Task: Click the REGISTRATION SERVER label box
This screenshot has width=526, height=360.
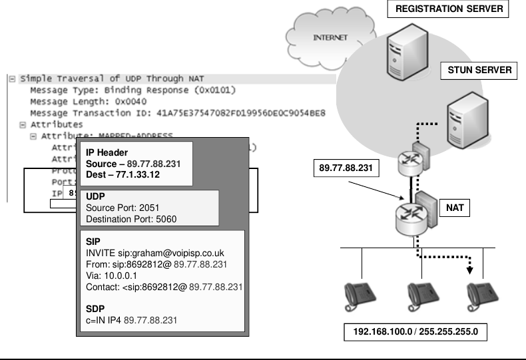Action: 448,9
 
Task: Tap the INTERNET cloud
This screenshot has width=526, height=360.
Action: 330,37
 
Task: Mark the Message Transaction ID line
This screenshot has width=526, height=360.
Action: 177,113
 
